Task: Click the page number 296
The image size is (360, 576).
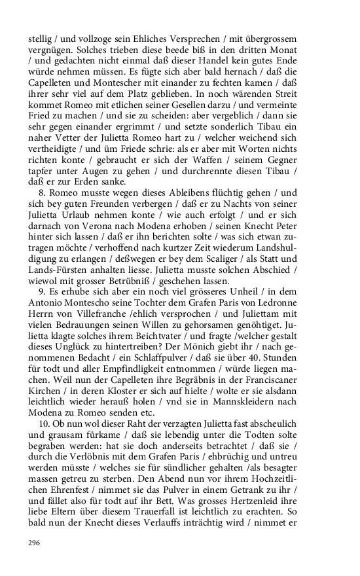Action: tap(34, 543)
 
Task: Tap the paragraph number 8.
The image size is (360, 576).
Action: tap(41, 193)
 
